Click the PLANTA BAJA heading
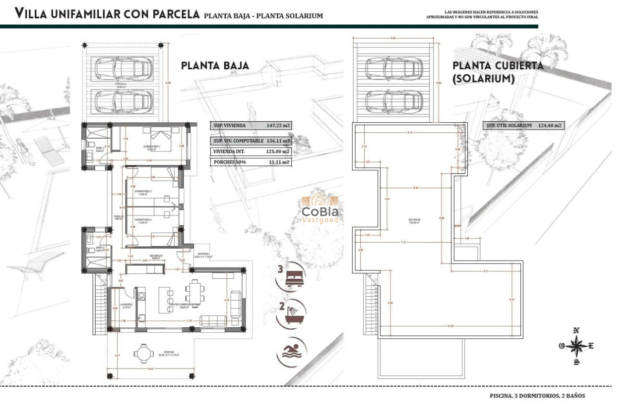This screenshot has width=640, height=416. pos(215,66)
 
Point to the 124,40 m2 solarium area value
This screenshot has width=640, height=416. pos(549,126)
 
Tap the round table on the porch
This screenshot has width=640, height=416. pos(143,354)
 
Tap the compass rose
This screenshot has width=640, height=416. pos(576,346)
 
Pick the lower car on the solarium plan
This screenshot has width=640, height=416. pos(394,102)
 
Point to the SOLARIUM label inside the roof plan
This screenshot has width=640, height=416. pos(415,220)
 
